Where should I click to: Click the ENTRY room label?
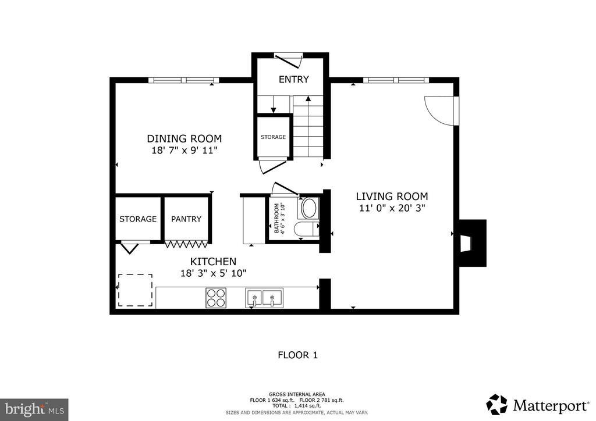(293, 79)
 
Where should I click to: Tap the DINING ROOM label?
(185, 138)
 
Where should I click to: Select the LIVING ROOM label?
(392, 197)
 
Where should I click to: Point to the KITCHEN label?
(213, 262)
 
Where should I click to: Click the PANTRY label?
(186, 219)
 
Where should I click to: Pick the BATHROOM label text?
(276, 218)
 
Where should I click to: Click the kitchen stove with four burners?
(217, 298)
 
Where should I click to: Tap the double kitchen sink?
(264, 298)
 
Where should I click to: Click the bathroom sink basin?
(309, 208)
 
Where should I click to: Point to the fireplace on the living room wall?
(473, 243)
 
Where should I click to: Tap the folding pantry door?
(186, 244)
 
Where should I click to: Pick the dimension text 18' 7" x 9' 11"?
(185, 151)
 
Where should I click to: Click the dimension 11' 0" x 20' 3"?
(392, 208)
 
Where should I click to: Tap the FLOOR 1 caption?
(297, 355)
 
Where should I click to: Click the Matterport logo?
(537, 405)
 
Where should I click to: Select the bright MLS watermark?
(34, 409)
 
